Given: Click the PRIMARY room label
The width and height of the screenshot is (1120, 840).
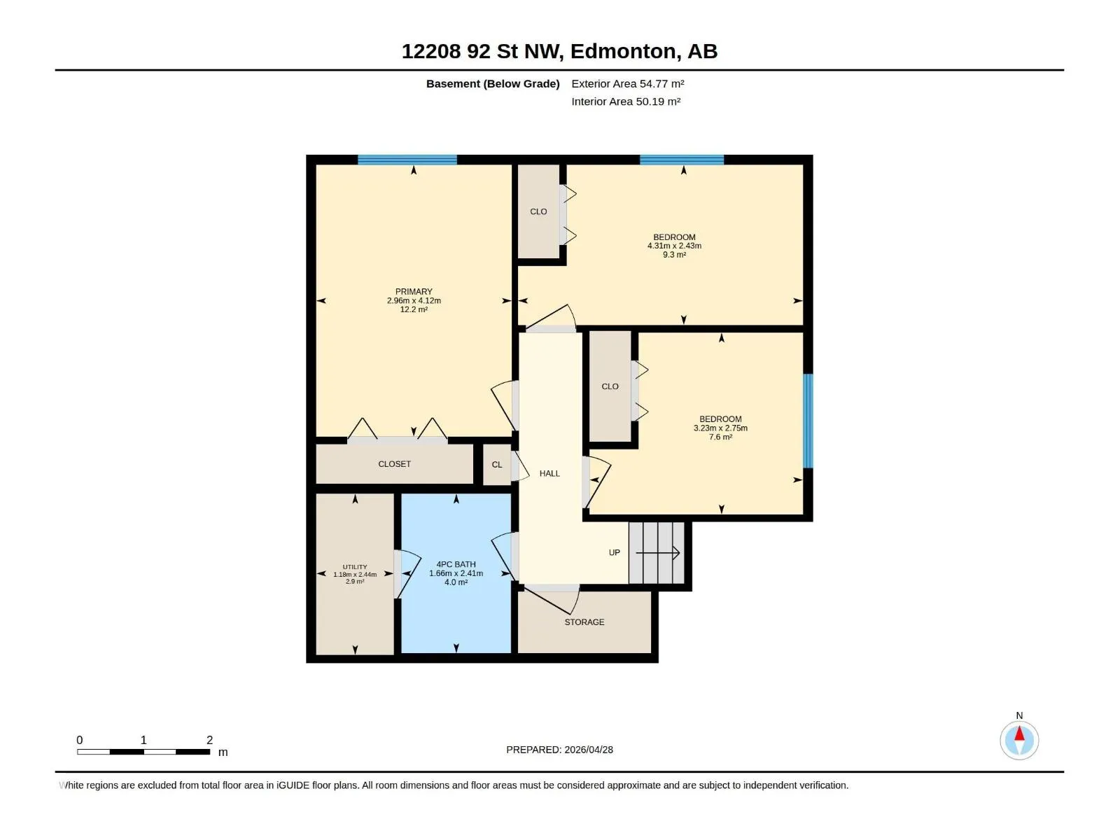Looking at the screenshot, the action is [x=414, y=292].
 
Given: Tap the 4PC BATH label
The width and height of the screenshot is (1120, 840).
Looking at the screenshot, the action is [x=456, y=565].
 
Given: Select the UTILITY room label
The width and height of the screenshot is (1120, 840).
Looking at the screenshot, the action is [x=355, y=567].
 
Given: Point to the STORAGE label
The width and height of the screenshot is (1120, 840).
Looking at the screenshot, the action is [x=584, y=622].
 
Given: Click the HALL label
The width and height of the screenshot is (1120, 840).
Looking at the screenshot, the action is [x=550, y=474].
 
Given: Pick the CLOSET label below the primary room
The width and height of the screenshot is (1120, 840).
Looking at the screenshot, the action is [x=394, y=464].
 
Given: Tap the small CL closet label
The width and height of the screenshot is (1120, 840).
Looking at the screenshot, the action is [x=497, y=465].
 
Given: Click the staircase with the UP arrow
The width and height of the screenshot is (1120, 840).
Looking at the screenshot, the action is [x=657, y=553].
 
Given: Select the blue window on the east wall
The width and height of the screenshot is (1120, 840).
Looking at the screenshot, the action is [x=808, y=421].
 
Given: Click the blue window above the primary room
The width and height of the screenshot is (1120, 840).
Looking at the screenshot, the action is [x=407, y=160].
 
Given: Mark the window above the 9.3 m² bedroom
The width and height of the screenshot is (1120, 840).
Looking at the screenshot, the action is [x=682, y=160].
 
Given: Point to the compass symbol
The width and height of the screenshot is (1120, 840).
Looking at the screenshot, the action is [x=1019, y=740].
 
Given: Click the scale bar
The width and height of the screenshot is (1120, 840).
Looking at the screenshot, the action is [x=144, y=752].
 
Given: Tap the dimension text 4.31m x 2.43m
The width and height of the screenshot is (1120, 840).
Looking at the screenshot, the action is [x=675, y=246].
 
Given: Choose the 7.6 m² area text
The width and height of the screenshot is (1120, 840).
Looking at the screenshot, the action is [x=720, y=437].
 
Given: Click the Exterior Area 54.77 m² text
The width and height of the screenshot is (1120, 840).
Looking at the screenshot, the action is [x=628, y=83].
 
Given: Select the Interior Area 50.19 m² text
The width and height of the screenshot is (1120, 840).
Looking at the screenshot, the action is [x=626, y=101].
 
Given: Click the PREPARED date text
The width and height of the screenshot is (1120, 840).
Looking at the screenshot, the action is [x=560, y=750].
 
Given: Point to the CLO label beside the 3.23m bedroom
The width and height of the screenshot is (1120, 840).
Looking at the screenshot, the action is [x=610, y=386].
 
